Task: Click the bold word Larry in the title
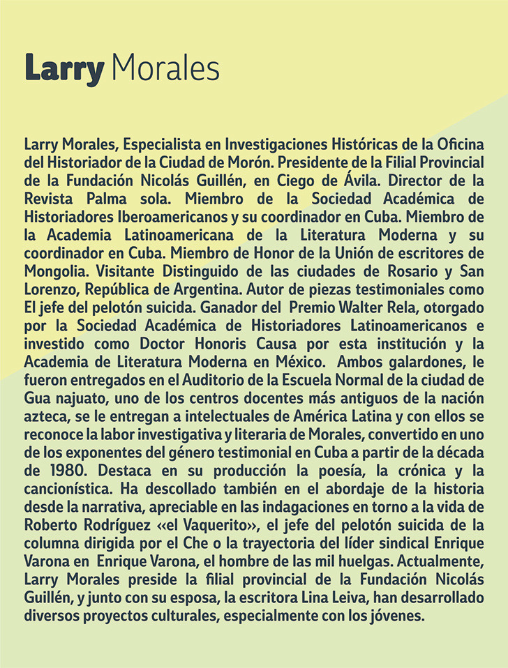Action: click(63, 70)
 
